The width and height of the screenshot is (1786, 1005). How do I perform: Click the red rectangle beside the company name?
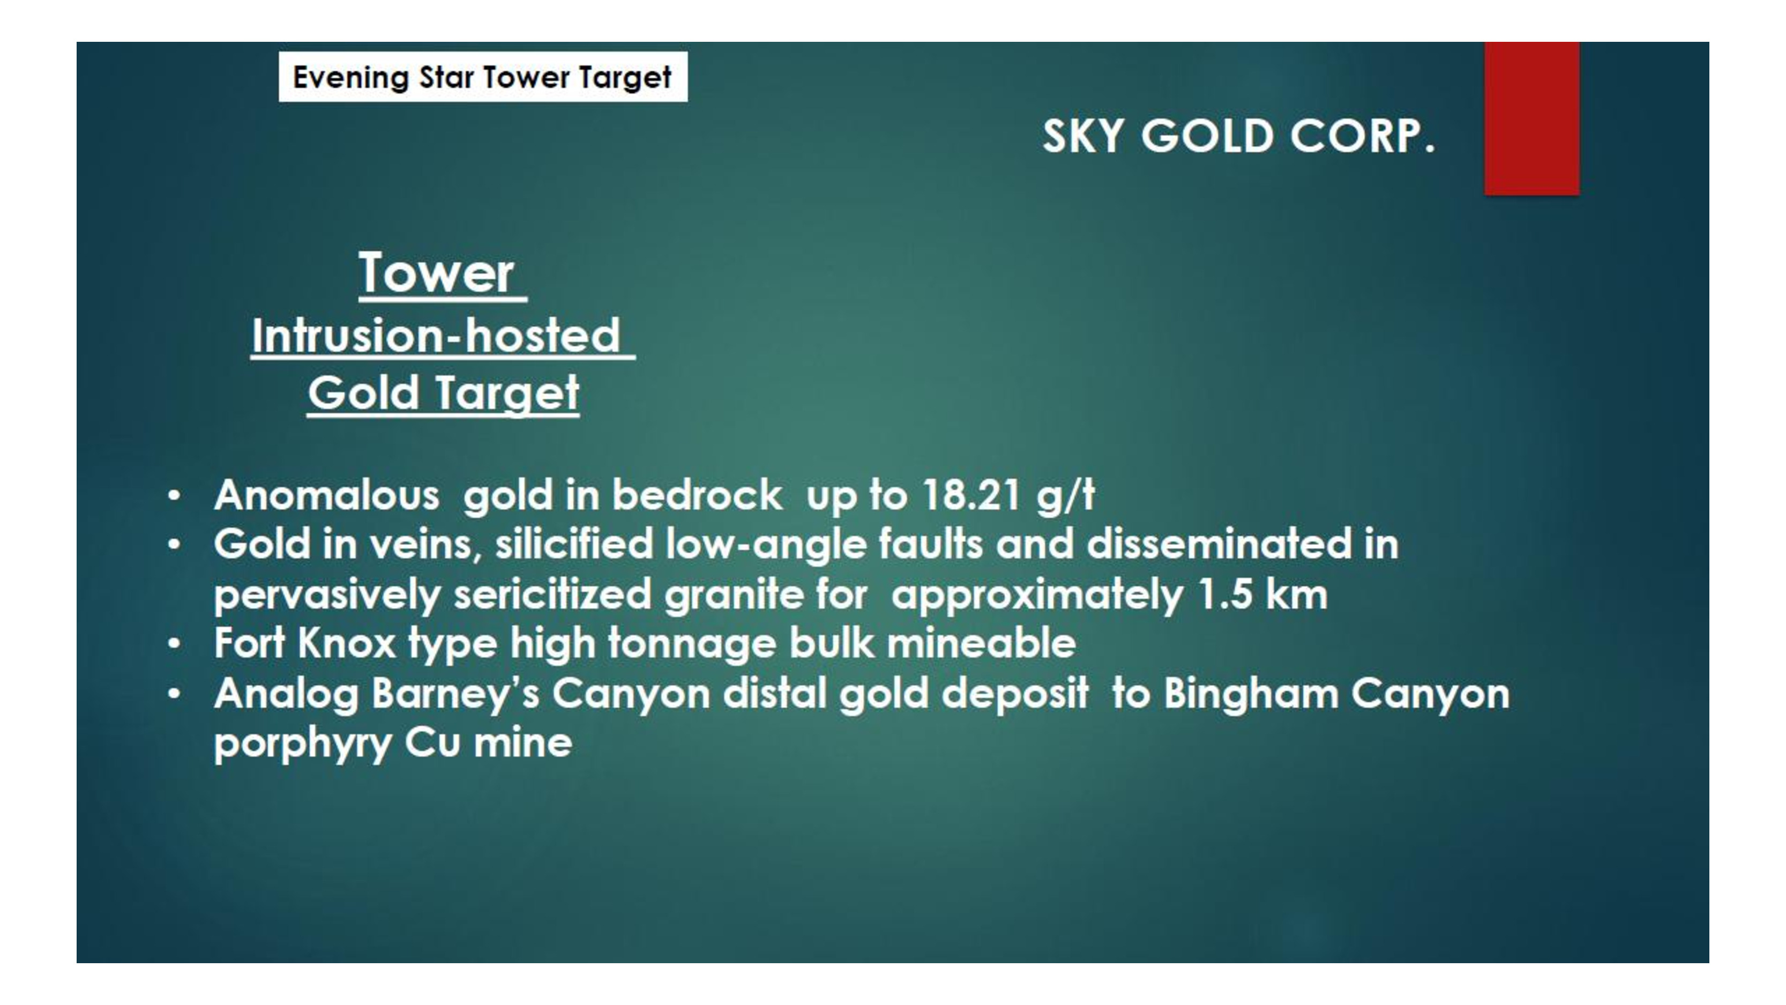click(x=1531, y=118)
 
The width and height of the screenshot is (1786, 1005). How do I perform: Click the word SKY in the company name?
click(x=1083, y=136)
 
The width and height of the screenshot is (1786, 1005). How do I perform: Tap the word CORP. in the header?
click(x=1362, y=136)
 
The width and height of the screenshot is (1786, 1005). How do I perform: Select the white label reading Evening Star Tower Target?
click(x=483, y=77)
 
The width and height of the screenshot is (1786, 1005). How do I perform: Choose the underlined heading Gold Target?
click(x=443, y=393)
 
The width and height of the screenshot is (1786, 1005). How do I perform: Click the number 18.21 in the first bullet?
click(x=970, y=495)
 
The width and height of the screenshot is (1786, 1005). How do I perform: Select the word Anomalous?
click(x=326, y=495)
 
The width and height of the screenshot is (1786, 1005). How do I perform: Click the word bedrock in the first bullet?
click(x=697, y=495)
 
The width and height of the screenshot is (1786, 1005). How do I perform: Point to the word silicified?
click(x=574, y=543)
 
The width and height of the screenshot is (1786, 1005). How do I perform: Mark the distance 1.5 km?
click(x=1262, y=594)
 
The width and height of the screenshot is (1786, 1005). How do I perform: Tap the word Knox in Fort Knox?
click(x=347, y=643)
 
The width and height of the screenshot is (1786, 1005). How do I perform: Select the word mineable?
click(x=981, y=643)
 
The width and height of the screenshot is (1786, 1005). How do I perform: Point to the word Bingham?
click(x=1251, y=694)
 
